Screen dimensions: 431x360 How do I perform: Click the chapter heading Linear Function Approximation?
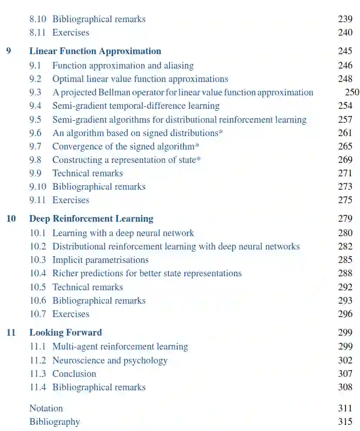[x=95, y=51]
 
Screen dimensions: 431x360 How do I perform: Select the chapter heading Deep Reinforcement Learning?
[x=91, y=219]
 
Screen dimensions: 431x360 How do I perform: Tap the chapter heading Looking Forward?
[x=65, y=333]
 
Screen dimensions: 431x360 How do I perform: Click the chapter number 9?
[x=8, y=51]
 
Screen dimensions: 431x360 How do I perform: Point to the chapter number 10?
[x=11, y=219]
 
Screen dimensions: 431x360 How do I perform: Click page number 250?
[x=352, y=92]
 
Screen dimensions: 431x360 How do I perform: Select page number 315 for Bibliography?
[x=345, y=422]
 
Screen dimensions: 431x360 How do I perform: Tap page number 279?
[x=345, y=219]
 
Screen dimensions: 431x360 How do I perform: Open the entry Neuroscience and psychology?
[x=110, y=360]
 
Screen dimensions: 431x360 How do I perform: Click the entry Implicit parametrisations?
[x=100, y=260]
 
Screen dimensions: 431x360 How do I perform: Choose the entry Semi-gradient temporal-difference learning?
[x=136, y=106]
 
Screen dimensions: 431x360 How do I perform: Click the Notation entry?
[x=46, y=408]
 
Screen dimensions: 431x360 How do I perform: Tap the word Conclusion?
[x=74, y=374]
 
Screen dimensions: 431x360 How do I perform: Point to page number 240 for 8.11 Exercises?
[x=345, y=32]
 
